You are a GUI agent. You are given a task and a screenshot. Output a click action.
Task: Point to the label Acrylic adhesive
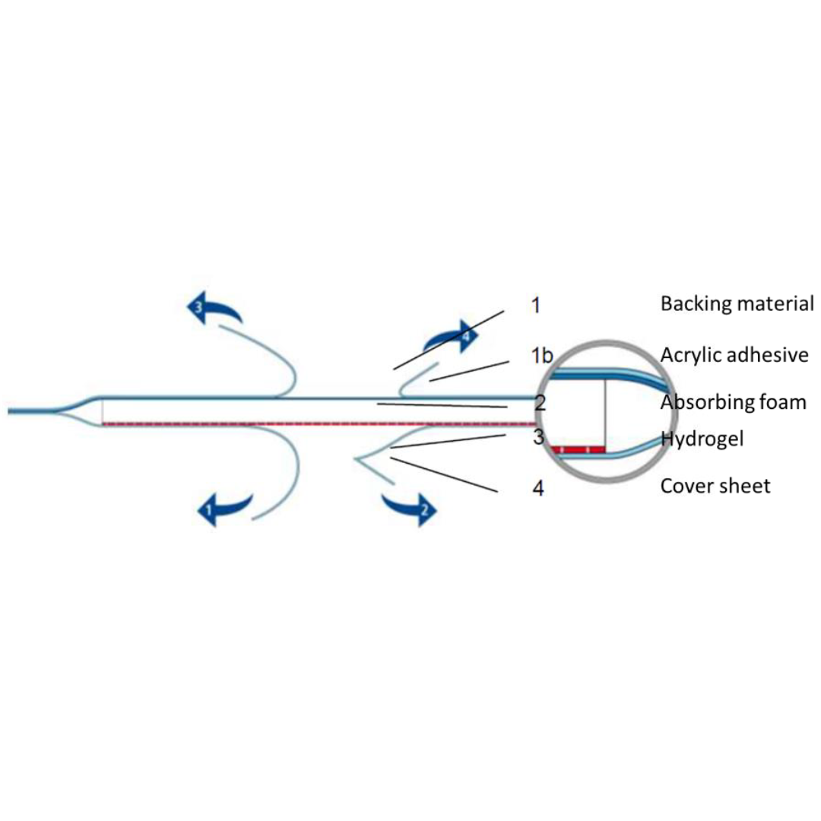click(734, 355)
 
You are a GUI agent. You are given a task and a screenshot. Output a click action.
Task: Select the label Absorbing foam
click(733, 402)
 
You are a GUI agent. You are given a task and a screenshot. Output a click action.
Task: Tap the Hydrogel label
click(702, 439)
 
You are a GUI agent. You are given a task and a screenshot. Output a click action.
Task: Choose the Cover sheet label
click(715, 486)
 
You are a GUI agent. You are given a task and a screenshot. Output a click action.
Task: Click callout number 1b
click(542, 356)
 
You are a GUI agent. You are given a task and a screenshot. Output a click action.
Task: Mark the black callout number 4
click(538, 488)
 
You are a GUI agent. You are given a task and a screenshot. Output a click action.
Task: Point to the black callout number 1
click(536, 305)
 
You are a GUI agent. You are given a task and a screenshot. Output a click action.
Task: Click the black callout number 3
click(538, 436)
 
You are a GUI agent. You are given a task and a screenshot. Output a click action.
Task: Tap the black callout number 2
click(540, 403)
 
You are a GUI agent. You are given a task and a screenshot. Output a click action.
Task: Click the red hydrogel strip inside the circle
click(577, 450)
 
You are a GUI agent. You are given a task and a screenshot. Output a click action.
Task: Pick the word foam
click(783, 402)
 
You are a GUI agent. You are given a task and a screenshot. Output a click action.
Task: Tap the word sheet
click(747, 486)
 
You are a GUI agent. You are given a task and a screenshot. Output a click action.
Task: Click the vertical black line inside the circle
click(606, 413)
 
